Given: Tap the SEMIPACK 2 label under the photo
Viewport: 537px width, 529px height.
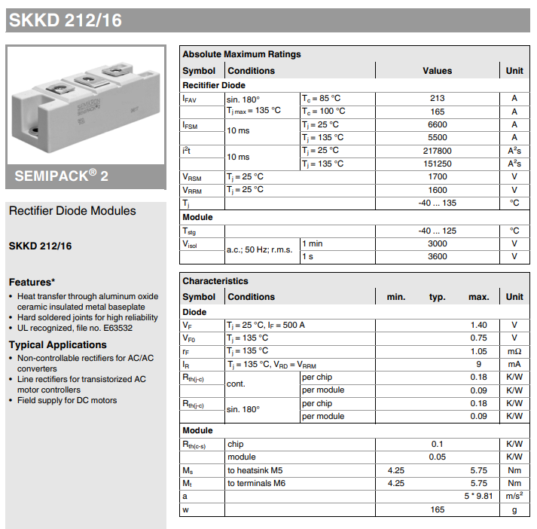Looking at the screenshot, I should [62, 176].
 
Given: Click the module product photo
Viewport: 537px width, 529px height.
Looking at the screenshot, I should [85, 105].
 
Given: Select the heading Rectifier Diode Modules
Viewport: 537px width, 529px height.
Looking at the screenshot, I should [72, 211].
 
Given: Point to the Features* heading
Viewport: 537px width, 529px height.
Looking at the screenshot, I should [32, 282].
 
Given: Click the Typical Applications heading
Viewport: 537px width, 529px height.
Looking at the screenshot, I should [57, 344].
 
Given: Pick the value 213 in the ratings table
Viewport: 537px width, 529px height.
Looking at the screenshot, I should [437, 98].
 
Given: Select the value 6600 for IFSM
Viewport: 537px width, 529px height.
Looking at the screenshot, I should [437, 124].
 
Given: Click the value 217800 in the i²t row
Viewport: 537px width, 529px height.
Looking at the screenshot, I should [437, 151].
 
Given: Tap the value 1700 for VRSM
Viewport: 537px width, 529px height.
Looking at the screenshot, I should [437, 177].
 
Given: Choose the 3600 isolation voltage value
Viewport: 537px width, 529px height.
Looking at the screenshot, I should [437, 256].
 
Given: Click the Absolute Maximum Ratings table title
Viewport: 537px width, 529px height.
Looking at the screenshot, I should [241, 54].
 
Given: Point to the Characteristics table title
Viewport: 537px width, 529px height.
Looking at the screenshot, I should [215, 281].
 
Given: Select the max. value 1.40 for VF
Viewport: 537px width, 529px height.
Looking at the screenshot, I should [478, 325].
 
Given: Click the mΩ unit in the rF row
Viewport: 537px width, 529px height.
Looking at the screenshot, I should [514, 351].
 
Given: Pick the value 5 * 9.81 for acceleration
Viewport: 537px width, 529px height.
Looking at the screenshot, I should [477, 496].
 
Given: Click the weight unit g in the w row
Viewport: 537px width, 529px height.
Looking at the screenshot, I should [514, 509].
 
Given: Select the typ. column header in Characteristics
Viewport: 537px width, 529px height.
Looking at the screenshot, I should [437, 297].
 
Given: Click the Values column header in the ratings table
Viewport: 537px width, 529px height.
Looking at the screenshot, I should [437, 71].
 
